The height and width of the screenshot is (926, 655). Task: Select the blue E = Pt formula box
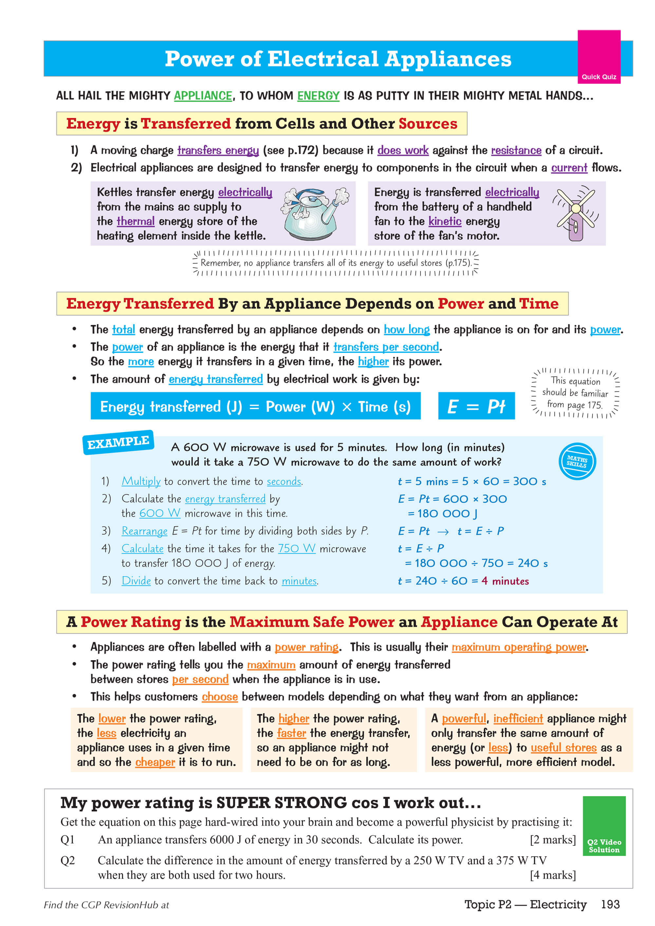(476, 406)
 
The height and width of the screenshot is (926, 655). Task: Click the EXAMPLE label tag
(118, 443)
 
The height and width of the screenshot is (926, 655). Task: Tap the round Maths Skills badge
(577, 462)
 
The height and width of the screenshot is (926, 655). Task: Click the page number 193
(610, 904)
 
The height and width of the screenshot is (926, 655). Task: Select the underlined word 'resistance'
(516, 151)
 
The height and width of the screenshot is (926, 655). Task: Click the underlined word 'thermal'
(136, 221)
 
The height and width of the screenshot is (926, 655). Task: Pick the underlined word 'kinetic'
(445, 221)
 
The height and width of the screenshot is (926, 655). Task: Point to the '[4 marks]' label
(552, 875)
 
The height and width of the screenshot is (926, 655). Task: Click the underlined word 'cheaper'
(155, 762)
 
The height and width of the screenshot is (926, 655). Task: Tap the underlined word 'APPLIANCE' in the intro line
(203, 96)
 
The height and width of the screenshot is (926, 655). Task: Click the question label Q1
(67, 840)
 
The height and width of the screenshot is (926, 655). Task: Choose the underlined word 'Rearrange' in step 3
(144, 531)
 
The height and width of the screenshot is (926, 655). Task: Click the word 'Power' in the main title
(199, 59)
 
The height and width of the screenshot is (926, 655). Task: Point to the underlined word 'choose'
(219, 697)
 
